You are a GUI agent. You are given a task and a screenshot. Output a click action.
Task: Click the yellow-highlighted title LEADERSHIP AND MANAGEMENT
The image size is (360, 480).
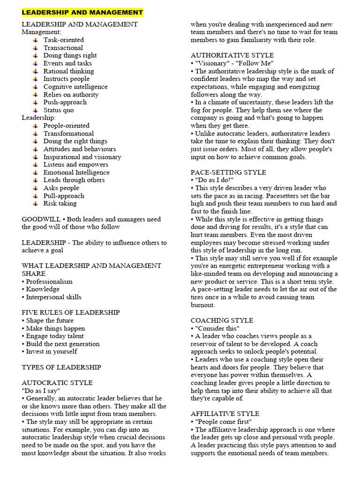coord(82,12)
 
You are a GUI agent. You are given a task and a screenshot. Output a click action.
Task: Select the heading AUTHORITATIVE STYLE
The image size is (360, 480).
coord(232,55)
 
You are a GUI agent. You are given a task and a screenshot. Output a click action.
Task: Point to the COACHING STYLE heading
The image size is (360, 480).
coord(222,320)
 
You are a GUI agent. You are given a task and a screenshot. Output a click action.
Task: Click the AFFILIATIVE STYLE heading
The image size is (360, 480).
coord(225,414)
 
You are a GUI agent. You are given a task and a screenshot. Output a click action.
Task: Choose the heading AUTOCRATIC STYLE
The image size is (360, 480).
coord(57,383)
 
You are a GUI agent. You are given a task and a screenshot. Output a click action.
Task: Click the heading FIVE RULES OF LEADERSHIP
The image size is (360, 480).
coord(71,312)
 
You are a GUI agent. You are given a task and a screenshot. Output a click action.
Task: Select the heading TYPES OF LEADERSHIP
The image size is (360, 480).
coord(61,367)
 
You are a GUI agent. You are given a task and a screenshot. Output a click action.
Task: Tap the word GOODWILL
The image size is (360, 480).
coord(41,219)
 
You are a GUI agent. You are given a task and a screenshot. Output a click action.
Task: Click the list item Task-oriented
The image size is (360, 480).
coord(64,40)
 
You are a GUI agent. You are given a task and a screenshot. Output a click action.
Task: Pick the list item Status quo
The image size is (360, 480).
coord(59,110)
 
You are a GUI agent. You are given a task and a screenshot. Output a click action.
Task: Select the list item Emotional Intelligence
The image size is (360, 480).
coord(76,172)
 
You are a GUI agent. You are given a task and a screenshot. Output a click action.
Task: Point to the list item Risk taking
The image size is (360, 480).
coord(60,203)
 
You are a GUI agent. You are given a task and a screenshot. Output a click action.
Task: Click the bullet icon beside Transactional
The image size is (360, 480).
coord(36,48)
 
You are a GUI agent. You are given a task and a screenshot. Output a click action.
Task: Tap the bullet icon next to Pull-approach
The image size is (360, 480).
coord(36,196)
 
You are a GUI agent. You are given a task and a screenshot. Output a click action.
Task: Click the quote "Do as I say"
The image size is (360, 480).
coord(41,391)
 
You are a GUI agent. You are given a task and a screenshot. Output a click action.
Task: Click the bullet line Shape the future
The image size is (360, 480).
coord(47,321)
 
